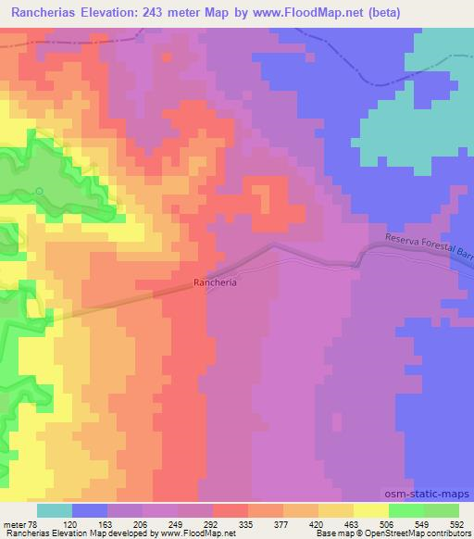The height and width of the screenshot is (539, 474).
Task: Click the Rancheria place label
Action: [x=216, y=284]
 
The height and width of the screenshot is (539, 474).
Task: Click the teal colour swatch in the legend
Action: [x=55, y=510]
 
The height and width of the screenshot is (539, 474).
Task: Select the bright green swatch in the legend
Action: [x=405, y=510]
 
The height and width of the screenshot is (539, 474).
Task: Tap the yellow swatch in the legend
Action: [x=370, y=510]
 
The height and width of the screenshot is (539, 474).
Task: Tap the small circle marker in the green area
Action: [x=40, y=192]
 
